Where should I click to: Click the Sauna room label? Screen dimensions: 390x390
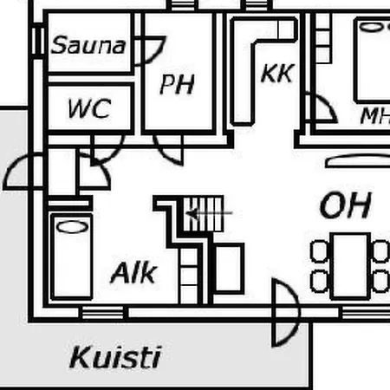(x=88, y=45)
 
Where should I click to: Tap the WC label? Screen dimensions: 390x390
(x=89, y=108)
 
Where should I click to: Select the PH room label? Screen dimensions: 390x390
(x=177, y=84)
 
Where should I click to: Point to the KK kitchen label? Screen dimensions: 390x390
(x=277, y=73)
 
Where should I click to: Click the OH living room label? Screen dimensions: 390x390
(x=346, y=205)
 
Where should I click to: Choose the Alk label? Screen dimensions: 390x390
(x=133, y=272)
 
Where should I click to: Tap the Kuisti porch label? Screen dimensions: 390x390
(x=115, y=357)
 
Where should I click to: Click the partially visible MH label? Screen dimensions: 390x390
(x=375, y=116)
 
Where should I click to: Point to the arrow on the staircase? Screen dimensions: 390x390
(x=209, y=213)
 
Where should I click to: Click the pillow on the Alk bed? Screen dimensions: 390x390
(x=73, y=227)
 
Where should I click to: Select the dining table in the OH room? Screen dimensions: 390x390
(x=350, y=266)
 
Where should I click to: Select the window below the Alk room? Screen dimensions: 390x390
(x=103, y=312)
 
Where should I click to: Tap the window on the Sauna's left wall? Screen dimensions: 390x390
(x=37, y=41)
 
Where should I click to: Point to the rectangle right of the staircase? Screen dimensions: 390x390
(x=229, y=269)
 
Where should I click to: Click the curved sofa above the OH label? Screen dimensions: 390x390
(x=358, y=160)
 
